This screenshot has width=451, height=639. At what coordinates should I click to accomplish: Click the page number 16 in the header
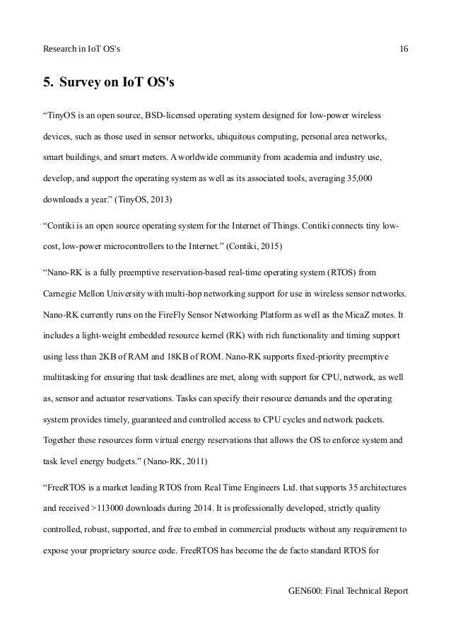tap(404, 48)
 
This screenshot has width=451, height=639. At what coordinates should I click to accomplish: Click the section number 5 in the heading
tap(47, 83)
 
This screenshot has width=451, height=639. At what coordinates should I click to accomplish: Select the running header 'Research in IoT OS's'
tap(83, 48)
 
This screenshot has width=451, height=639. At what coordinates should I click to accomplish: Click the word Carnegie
tap(63, 293)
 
